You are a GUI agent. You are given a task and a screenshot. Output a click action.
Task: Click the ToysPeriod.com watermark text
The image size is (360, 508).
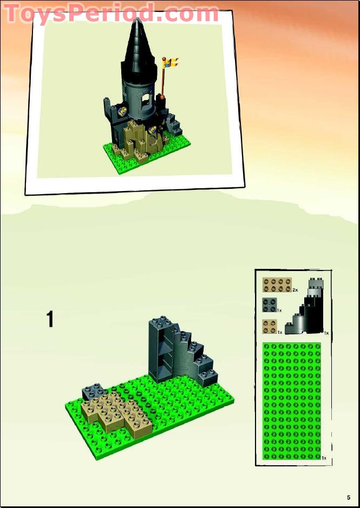110,13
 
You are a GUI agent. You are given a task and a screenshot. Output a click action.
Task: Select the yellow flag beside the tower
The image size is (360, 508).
171,63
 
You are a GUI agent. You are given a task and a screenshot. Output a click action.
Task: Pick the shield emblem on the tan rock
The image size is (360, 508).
152,130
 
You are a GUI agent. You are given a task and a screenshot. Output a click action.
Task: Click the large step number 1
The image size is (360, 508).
50,319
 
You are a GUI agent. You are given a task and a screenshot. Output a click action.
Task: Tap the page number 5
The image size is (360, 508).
349,498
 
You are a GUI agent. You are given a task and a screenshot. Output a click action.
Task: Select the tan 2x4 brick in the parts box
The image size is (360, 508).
277,285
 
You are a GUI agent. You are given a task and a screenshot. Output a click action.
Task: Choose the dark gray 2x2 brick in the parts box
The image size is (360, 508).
270,305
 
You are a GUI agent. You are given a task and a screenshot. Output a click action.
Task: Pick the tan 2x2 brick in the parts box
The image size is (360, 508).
270,327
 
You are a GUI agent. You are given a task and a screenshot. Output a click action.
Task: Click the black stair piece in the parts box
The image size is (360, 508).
305,307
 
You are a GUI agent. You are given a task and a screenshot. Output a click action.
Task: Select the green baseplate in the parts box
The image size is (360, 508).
292,401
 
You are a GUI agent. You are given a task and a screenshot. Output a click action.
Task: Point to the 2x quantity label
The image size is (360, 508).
295,290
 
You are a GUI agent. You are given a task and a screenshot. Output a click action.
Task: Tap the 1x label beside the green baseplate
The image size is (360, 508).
324,458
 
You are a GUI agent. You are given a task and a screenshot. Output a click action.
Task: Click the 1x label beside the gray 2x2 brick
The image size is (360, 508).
279,311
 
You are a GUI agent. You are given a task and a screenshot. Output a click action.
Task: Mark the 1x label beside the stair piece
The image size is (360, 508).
326,333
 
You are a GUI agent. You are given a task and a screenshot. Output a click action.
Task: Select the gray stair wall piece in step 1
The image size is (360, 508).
181,352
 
